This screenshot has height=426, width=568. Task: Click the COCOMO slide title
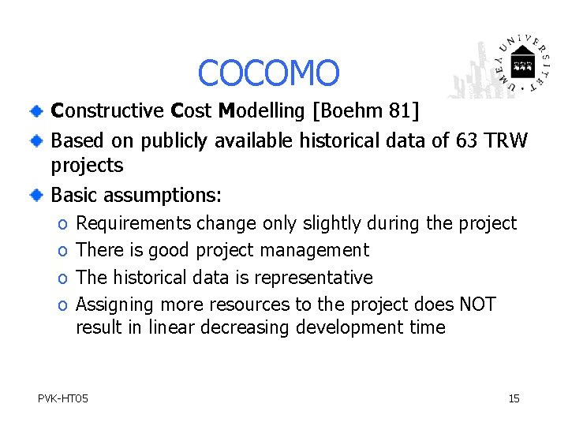coord(268,73)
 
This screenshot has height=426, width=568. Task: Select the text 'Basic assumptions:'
coord(136,194)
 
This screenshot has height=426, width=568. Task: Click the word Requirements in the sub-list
coord(133,224)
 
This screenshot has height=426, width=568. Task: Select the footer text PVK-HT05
coord(63,398)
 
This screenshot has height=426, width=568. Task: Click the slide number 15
coord(514,398)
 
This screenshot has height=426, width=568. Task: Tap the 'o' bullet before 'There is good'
coord(62,252)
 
